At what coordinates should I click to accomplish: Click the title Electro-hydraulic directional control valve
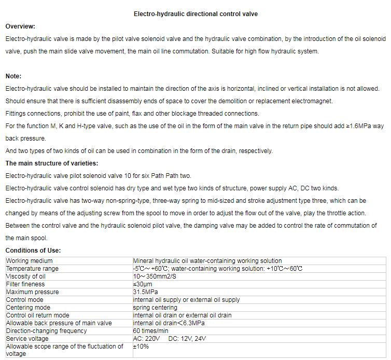(x=195, y=14)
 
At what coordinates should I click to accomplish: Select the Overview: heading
(x=20, y=26)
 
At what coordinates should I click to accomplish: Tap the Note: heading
(x=13, y=76)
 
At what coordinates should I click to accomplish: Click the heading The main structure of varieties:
(x=51, y=163)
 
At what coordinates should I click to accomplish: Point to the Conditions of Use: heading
(x=33, y=251)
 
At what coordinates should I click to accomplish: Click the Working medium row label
(x=29, y=261)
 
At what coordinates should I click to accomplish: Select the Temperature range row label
(x=32, y=269)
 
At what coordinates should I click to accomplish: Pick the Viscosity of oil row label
(x=26, y=276)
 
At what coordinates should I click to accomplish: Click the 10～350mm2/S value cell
(x=155, y=276)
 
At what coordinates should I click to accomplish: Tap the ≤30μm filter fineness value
(x=143, y=284)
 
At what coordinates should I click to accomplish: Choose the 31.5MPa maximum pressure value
(x=146, y=292)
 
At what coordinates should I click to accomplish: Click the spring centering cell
(x=155, y=308)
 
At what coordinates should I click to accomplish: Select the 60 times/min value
(x=150, y=331)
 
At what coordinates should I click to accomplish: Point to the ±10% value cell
(x=141, y=347)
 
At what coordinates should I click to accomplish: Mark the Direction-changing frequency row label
(x=46, y=331)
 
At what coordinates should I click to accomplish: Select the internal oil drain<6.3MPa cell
(x=169, y=323)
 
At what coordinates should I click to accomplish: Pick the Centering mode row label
(x=28, y=308)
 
